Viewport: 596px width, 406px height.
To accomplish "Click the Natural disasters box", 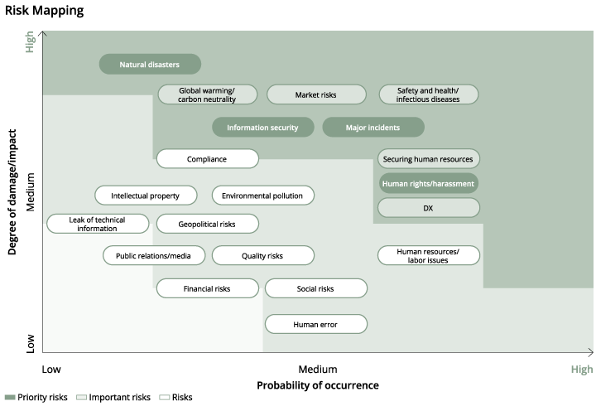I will coord(150,65).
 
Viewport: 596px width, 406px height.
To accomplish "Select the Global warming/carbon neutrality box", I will coord(207,94).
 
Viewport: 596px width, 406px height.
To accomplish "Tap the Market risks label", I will coord(316,94).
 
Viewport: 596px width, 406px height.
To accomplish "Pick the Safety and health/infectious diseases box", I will coord(429,94).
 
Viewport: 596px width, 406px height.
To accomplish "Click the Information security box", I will coord(262,128).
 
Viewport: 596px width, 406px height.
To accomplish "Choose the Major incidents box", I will coord(372,128).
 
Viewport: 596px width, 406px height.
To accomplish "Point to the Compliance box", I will coord(207,159).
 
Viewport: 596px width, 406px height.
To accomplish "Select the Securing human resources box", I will coord(429,159).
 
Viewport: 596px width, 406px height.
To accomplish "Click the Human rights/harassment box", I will coord(429,183).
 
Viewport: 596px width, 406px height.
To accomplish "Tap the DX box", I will coord(429,208).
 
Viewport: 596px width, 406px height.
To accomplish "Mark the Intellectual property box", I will coord(146,196).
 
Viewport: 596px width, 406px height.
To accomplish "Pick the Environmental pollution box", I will coord(263,196).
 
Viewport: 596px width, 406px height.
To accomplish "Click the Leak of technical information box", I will coord(98,224).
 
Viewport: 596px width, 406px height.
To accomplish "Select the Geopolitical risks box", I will coord(207,224).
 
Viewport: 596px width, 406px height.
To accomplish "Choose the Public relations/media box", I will coord(154,256).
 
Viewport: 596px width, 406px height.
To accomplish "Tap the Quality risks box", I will coord(263,256).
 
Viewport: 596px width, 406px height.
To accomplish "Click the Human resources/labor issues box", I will coord(429,255).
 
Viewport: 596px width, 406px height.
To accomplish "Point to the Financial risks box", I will coord(207,289).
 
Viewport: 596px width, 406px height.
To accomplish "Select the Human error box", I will coord(315,324).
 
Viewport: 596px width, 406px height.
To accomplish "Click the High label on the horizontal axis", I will coord(581,370).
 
